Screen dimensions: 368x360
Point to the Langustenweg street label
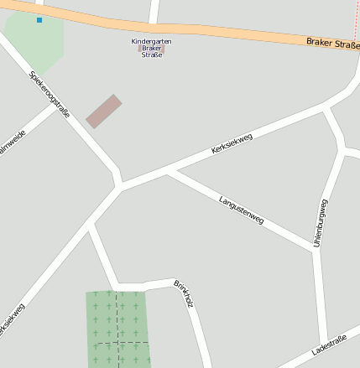click(x=241, y=210)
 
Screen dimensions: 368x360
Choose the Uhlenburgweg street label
click(x=320, y=223)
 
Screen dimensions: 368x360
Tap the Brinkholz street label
click(x=184, y=293)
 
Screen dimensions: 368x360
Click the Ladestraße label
click(x=328, y=345)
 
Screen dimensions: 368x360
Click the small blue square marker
click(x=39, y=19)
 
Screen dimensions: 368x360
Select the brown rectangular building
click(x=104, y=111)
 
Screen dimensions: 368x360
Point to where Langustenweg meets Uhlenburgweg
click(x=315, y=248)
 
